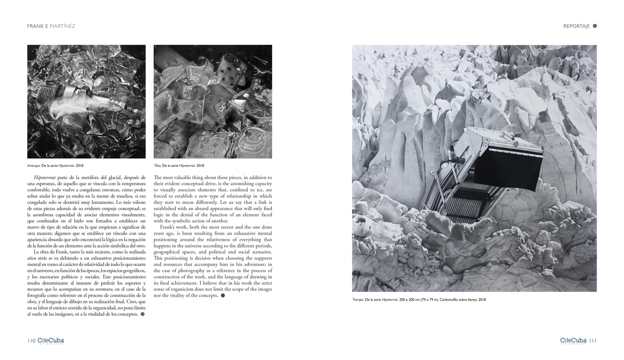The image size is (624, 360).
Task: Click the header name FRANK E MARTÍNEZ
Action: tap(51, 26)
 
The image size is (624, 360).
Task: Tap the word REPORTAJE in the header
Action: tap(577, 26)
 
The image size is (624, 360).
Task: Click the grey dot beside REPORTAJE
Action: tap(595, 26)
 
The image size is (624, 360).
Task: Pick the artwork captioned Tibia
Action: tap(213, 101)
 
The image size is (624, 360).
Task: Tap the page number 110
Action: tap(31, 341)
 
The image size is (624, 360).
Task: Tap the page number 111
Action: tap(593, 341)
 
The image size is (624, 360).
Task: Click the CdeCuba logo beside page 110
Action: tap(50, 340)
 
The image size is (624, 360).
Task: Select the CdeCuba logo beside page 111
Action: tap(574, 340)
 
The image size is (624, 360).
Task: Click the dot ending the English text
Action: tap(223, 295)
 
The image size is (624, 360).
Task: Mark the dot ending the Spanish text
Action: tap(142, 314)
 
